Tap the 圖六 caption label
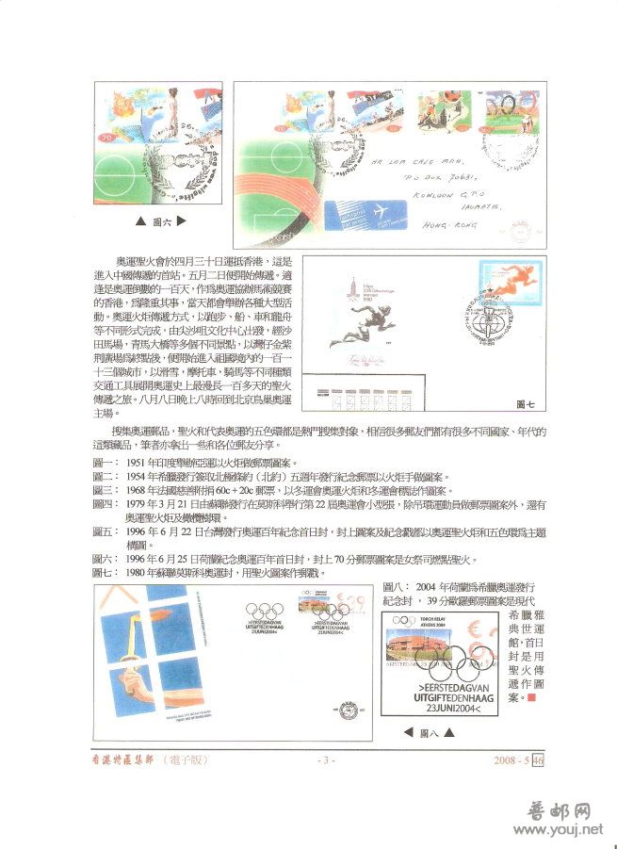pos(161,221)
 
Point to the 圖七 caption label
pos(528,402)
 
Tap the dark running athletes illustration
pos(359,332)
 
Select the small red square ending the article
pos(531,698)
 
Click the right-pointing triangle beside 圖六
pos(181,221)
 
